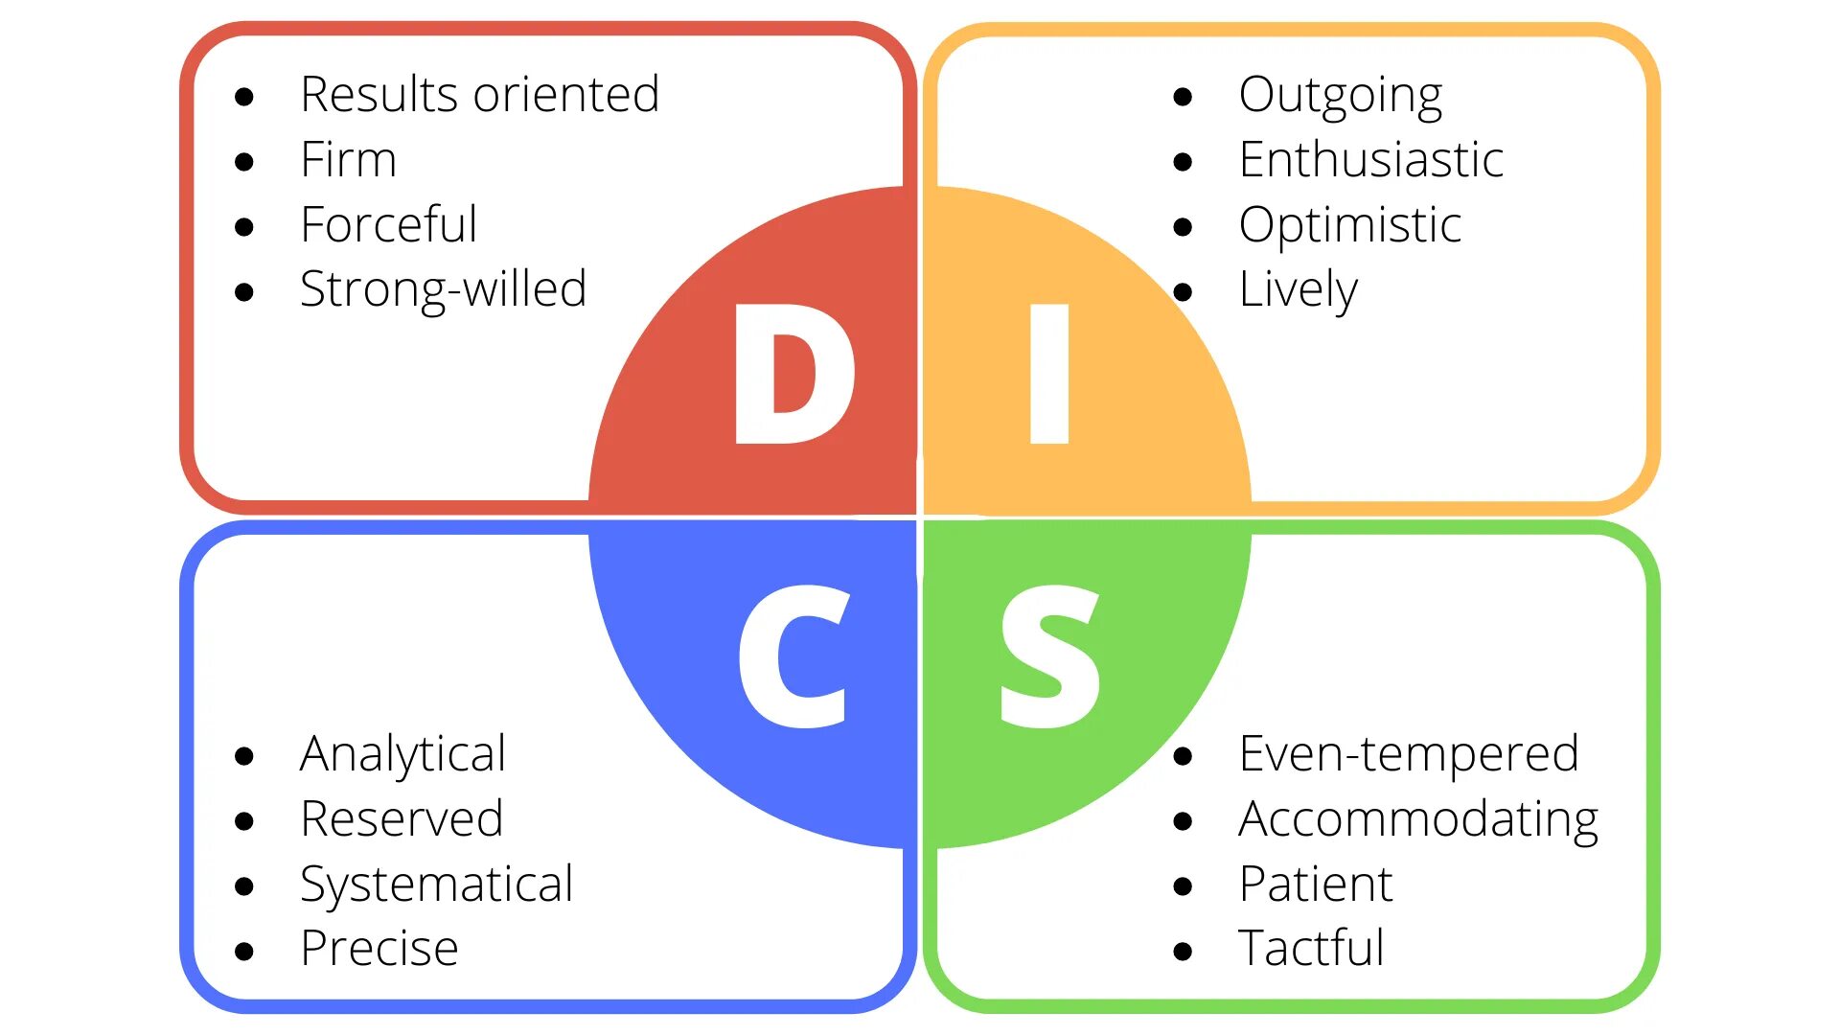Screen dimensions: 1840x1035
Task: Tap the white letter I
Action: pos(1048,374)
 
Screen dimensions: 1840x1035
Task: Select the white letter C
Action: pos(793,657)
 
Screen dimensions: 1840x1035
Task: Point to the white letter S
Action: pos(1049,657)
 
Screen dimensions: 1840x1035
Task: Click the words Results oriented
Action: pos(479,95)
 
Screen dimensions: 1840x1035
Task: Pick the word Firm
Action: pos(348,159)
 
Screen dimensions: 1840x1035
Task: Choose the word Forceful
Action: pos(388,224)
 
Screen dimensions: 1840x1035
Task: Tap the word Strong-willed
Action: pos(443,289)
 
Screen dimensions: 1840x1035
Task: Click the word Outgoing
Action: pos(1340,96)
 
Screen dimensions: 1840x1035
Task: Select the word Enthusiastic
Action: pos(1370,159)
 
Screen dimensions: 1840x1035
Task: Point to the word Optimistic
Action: pos(1349,226)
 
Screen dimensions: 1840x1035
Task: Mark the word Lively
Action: pos(1298,289)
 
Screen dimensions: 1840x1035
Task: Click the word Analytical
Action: pos(402,754)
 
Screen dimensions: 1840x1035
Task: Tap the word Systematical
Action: pos(436,885)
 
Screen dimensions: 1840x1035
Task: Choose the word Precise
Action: pos(379,949)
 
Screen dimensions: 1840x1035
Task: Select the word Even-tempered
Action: pos(1408,753)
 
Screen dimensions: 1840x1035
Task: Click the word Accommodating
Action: pos(1418,819)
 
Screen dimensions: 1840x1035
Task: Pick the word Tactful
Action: pos(1311,949)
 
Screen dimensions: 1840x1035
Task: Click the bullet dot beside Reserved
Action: pos(244,821)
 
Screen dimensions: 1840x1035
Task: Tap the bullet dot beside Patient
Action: pos(1183,886)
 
